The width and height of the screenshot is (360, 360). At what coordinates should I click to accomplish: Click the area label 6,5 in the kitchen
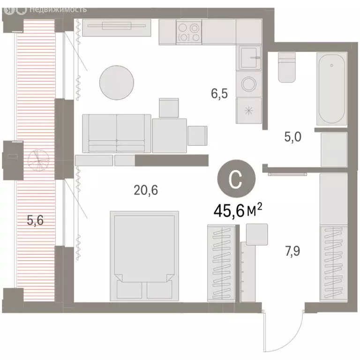click(219, 94)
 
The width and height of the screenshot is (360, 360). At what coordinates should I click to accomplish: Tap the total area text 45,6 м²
click(237, 211)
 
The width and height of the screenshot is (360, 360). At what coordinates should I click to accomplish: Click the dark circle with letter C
click(237, 179)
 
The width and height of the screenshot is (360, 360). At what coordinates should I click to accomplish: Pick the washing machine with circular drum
click(248, 84)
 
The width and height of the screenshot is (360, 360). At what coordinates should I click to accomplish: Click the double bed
click(145, 256)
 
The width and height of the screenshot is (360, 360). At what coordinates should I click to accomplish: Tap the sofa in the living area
click(117, 133)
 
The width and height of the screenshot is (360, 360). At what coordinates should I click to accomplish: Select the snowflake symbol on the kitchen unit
click(248, 111)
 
